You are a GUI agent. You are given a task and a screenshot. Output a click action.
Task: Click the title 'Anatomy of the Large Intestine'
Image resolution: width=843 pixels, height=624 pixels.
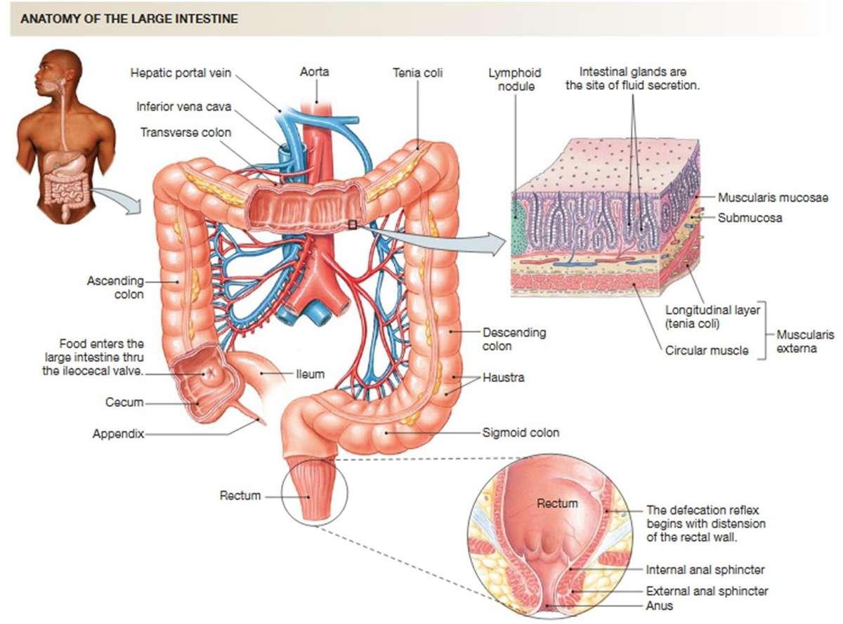point(129,19)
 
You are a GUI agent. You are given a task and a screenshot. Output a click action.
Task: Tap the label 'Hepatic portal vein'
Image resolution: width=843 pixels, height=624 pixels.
point(181,72)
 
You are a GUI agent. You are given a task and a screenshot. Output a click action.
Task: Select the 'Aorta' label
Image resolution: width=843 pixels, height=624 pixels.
point(314,72)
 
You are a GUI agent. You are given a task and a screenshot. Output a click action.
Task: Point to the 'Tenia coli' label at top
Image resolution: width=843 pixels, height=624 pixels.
point(418,72)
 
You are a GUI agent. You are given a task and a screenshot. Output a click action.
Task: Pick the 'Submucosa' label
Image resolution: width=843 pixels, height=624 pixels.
point(750,218)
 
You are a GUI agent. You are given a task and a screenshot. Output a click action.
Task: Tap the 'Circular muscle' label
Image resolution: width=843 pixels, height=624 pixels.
point(707,350)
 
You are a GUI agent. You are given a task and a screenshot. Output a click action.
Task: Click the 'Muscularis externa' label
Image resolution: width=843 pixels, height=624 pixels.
point(806,341)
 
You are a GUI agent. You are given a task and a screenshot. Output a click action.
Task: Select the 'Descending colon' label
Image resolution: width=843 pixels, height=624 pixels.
point(514,339)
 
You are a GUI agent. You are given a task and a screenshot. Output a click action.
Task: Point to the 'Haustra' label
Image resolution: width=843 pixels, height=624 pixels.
point(503,378)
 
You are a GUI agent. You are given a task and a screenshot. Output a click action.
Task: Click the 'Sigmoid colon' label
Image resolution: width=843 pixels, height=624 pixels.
point(521,433)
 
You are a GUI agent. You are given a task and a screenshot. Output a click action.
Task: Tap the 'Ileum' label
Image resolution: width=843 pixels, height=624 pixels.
point(310,375)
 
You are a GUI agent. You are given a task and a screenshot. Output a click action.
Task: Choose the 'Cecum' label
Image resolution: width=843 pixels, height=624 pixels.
point(124,403)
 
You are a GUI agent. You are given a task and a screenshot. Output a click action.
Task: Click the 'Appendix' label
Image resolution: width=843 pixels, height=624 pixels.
point(118,434)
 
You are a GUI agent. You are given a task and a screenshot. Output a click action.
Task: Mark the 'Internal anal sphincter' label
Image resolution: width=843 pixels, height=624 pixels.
point(705,569)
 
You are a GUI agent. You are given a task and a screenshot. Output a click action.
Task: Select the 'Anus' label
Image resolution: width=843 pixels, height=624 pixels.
point(660,605)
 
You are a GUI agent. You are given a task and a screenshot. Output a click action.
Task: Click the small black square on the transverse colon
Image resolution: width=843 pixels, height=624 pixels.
point(352,224)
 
